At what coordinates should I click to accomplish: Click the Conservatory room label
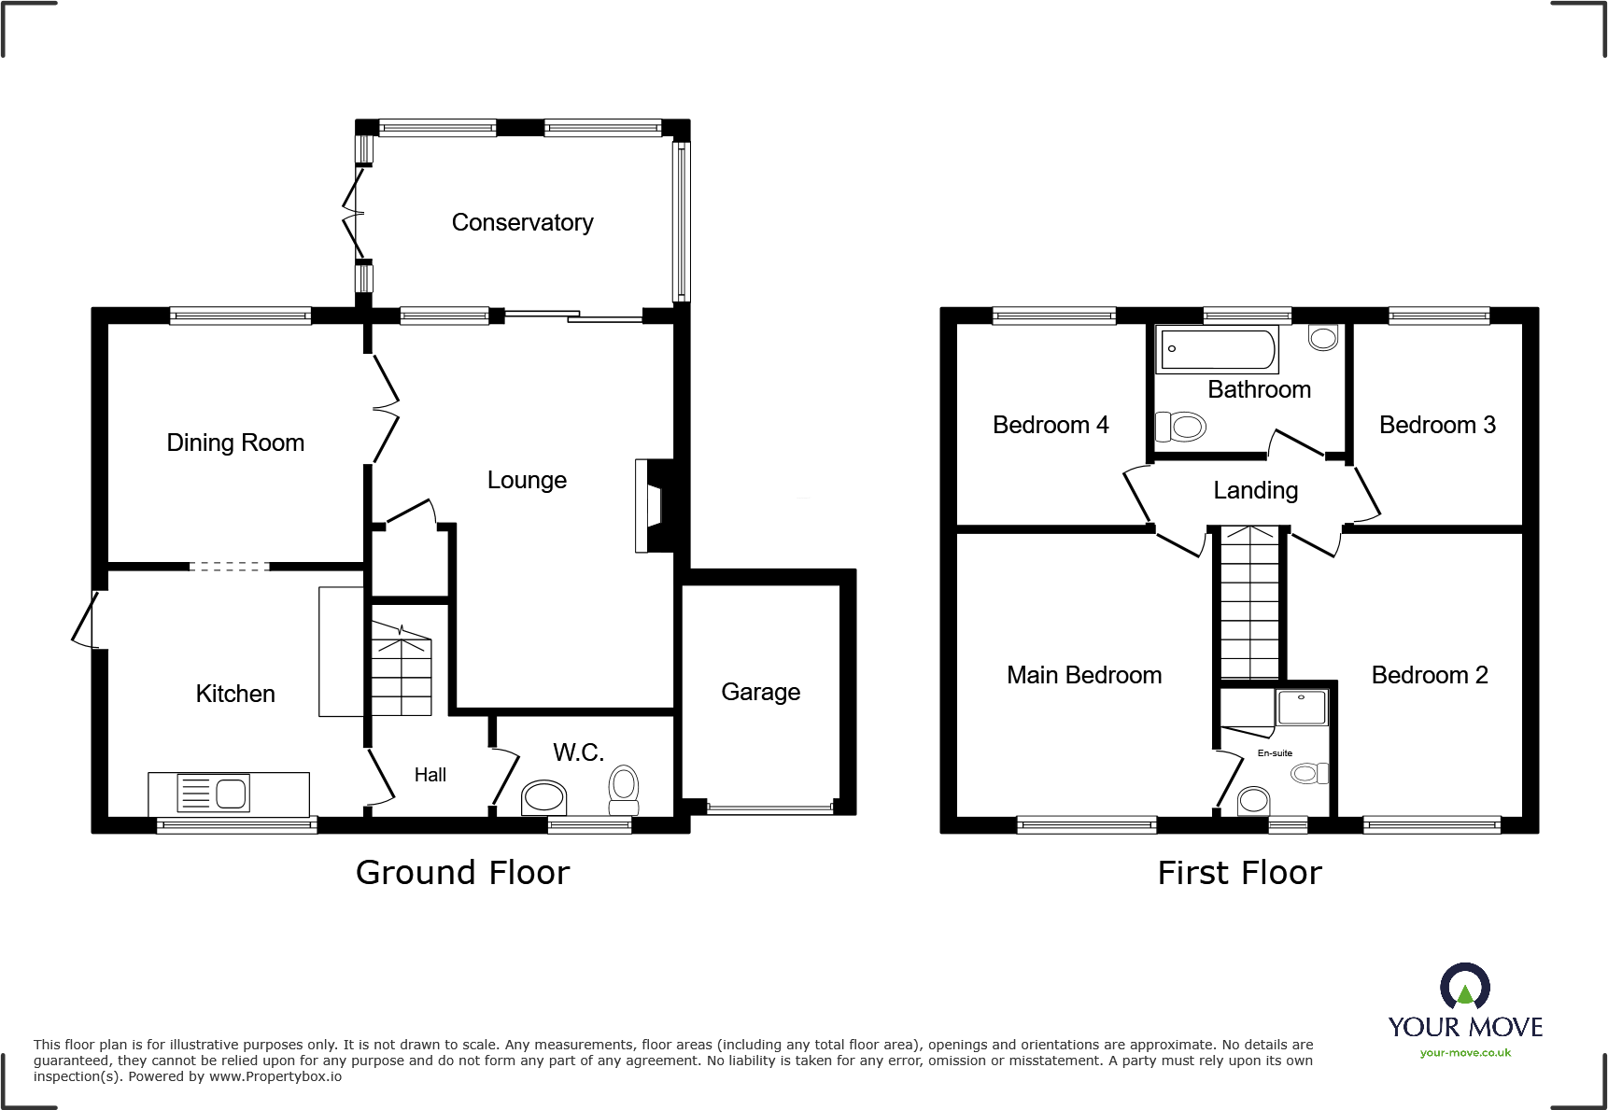pyautogui.click(x=522, y=222)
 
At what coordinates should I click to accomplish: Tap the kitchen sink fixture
pyautogui.click(x=214, y=794)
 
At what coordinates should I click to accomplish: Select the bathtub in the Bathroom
pyautogui.click(x=1217, y=350)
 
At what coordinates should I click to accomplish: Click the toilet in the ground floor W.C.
pyautogui.click(x=624, y=790)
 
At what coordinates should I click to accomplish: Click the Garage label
pyautogui.click(x=760, y=692)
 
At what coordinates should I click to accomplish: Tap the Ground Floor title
pyautogui.click(x=462, y=873)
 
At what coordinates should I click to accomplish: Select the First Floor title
pyautogui.click(x=1239, y=873)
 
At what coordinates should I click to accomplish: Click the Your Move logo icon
pyautogui.click(x=1464, y=986)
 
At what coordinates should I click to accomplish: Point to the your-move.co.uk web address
pyautogui.click(x=1465, y=1053)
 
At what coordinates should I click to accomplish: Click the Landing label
pyautogui.click(x=1255, y=490)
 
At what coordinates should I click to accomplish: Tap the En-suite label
pyautogui.click(x=1275, y=753)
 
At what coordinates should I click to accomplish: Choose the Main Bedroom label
pyautogui.click(x=1083, y=675)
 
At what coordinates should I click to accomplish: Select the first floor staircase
pyautogui.click(x=1249, y=602)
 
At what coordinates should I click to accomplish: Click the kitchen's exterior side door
pyautogui.click(x=85, y=620)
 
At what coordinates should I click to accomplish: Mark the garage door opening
pyautogui.click(x=769, y=808)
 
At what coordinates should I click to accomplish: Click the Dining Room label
pyautogui.click(x=235, y=443)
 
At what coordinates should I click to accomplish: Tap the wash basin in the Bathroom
pyautogui.click(x=1322, y=337)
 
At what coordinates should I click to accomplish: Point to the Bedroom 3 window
pyautogui.click(x=1438, y=316)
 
